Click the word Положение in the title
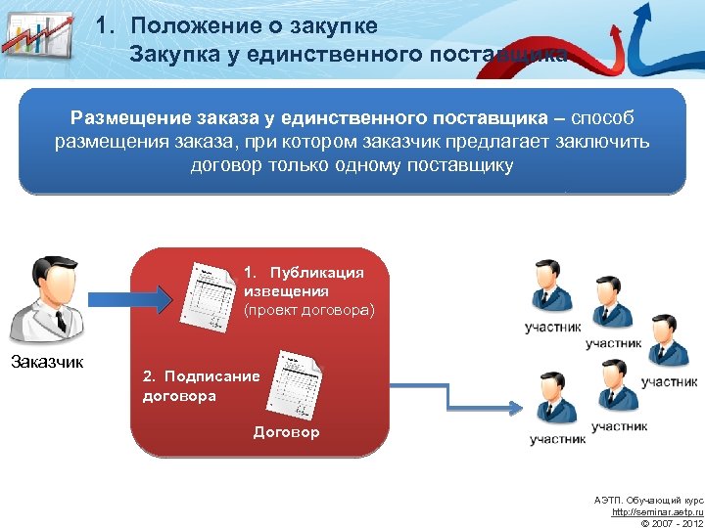pos(186,24)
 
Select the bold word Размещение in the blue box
pos(131,118)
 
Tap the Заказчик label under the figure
pos(47,362)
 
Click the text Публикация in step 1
pos(317,273)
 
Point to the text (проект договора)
pos(308,310)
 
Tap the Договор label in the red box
pos(286,431)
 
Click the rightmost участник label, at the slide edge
pos(670,381)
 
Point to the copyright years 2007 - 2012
pos(677,523)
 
